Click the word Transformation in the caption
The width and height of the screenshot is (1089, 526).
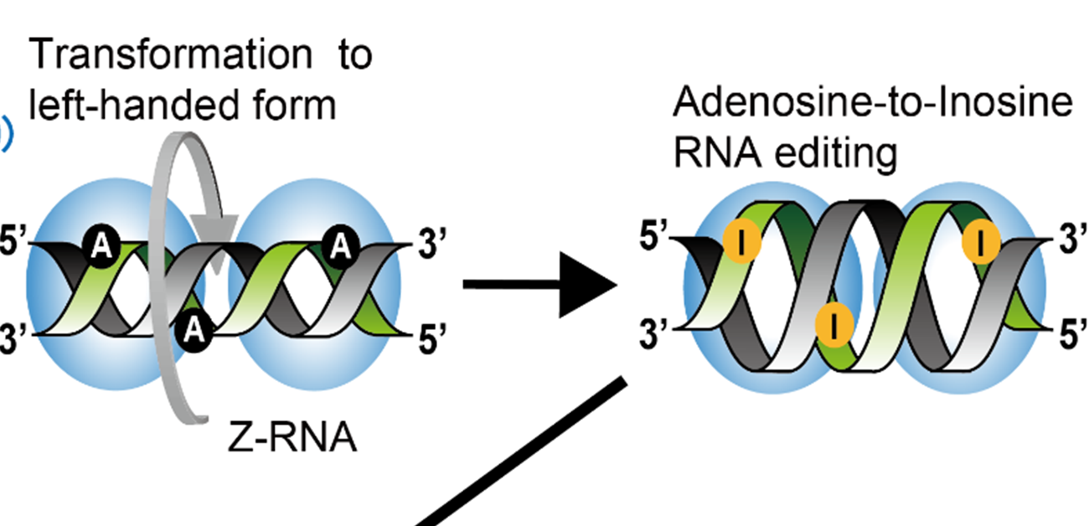(158, 55)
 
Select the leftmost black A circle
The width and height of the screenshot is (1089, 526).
(100, 245)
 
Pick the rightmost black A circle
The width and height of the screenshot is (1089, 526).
(340, 245)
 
